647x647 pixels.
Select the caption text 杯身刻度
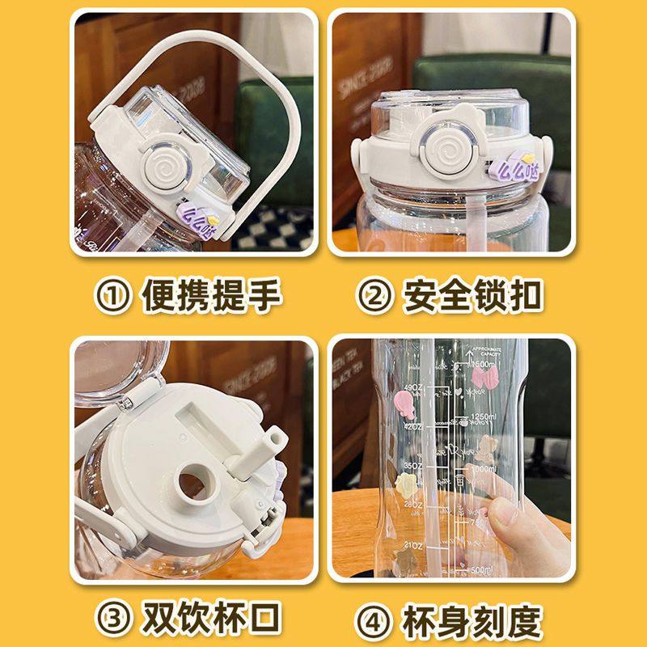click(x=472, y=619)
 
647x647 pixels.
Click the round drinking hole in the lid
click(x=192, y=481)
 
